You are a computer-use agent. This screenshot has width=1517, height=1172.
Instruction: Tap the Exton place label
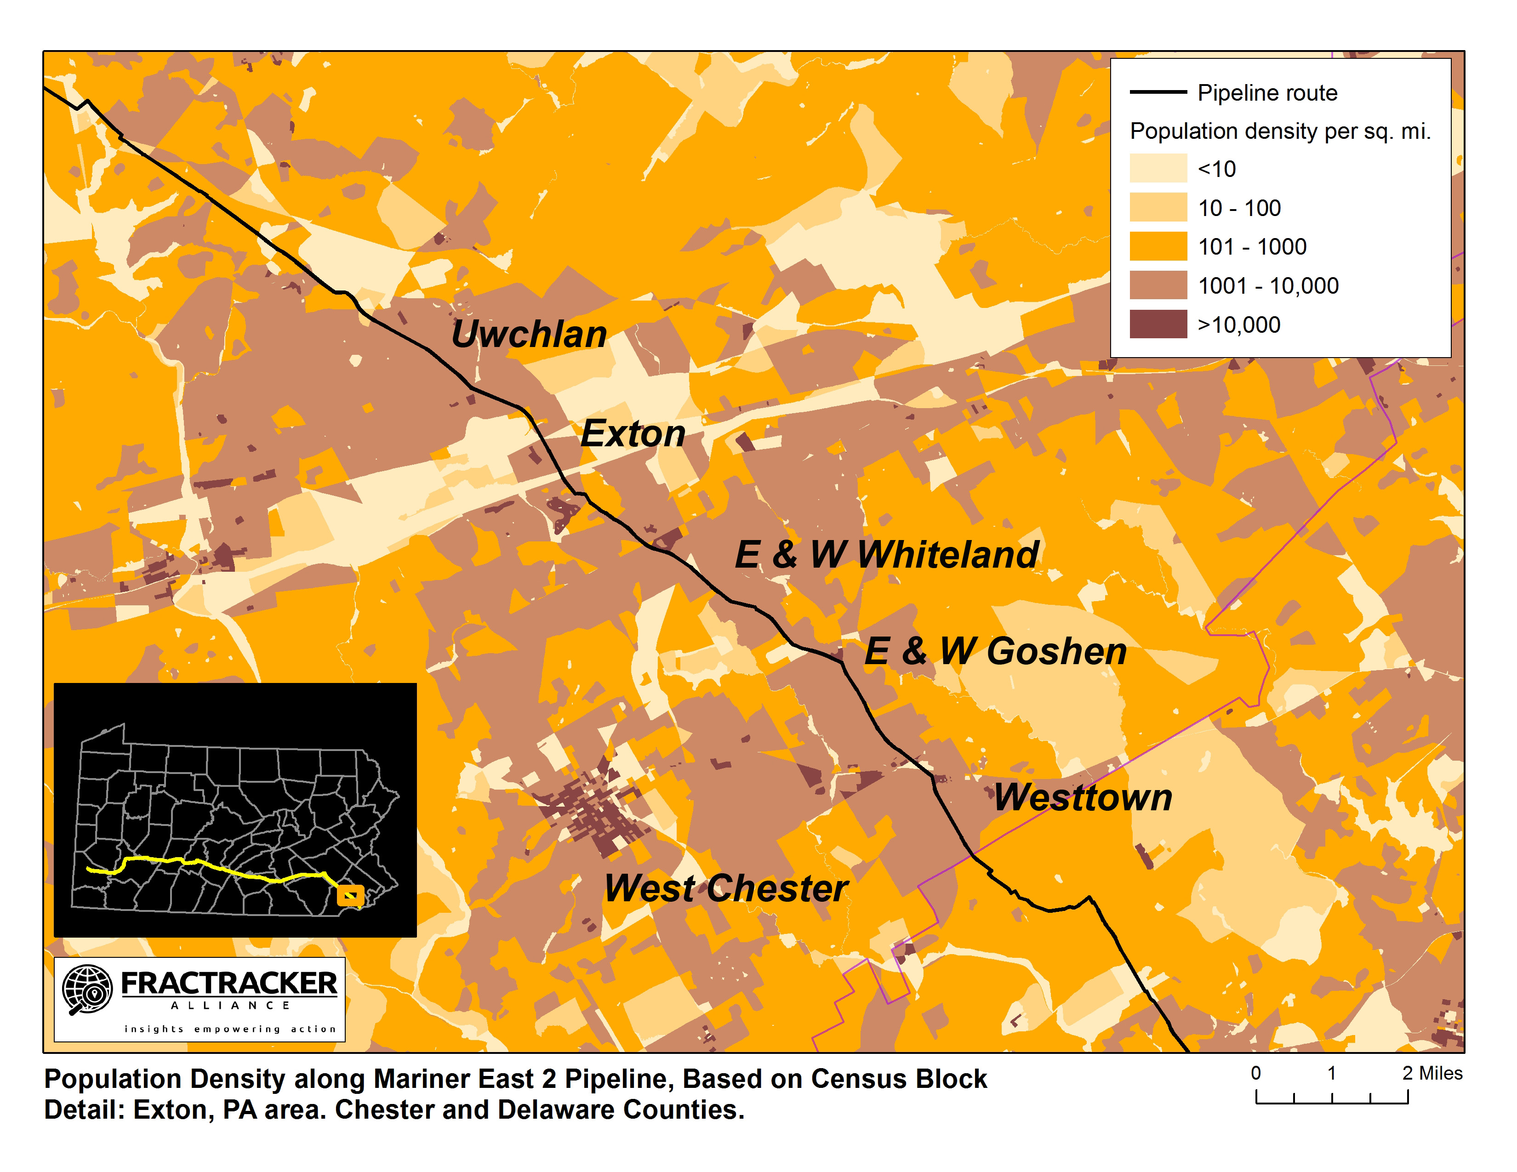(x=633, y=434)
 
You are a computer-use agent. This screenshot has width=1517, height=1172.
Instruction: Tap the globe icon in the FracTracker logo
(x=87, y=989)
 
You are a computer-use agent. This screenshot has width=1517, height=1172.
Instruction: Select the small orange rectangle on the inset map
(x=350, y=896)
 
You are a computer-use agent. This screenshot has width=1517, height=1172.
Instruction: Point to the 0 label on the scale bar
(x=1256, y=1073)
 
